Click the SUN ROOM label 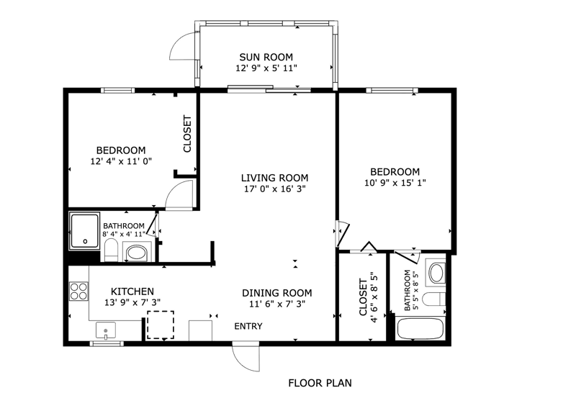click(x=266, y=57)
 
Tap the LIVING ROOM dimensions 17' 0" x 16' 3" click(x=275, y=189)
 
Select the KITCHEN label click(x=132, y=292)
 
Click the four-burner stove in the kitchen click(x=78, y=291)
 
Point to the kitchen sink click(x=106, y=330)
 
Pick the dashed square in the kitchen click(x=161, y=325)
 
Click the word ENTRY click(x=248, y=326)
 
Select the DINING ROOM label click(x=277, y=293)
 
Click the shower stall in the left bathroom click(x=85, y=231)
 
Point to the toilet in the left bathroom click(x=111, y=250)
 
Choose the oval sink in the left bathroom click(x=136, y=253)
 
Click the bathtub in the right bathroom click(x=420, y=329)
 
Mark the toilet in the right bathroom click(x=434, y=299)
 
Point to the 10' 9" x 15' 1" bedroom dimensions click(x=395, y=183)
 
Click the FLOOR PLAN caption click(x=320, y=383)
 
